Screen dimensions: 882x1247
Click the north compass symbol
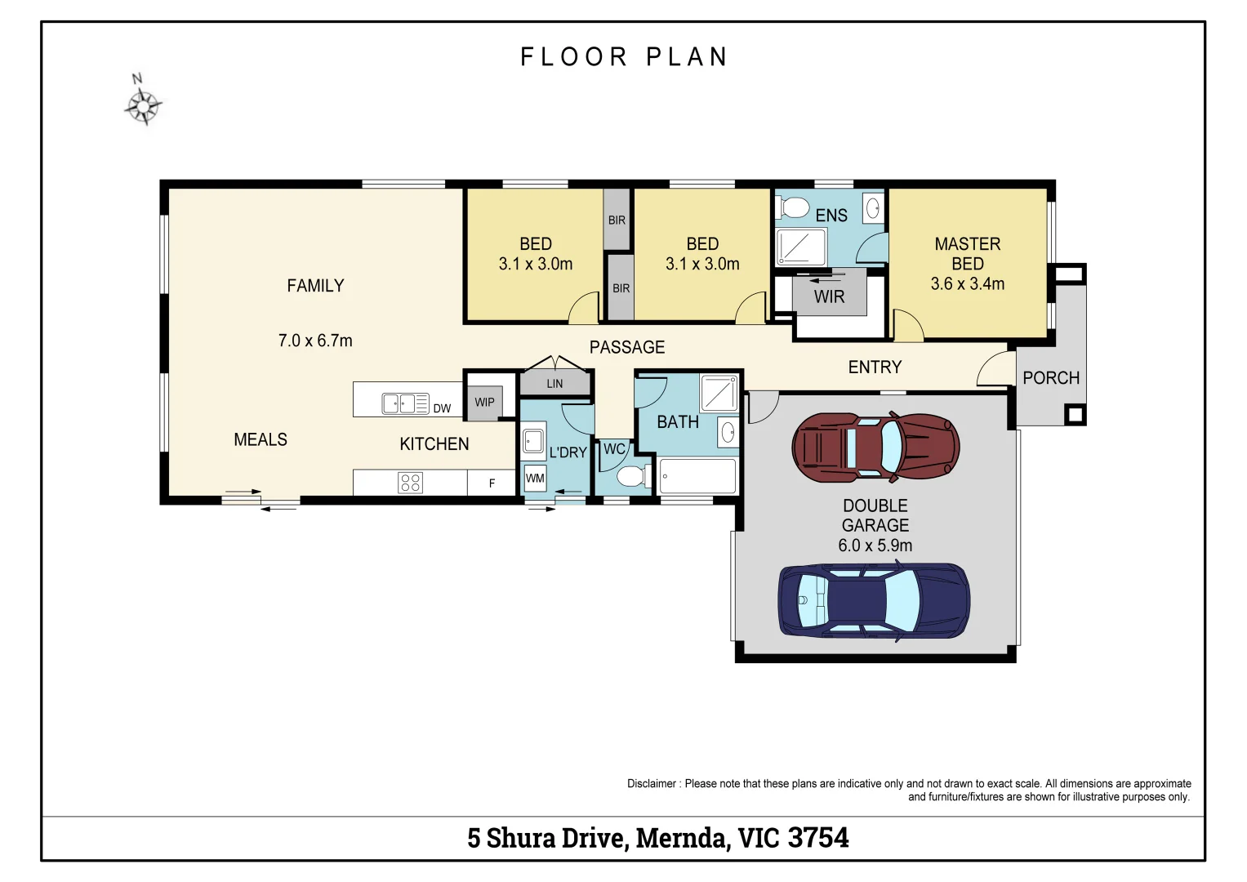coord(143,104)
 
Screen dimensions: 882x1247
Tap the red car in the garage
coord(875,447)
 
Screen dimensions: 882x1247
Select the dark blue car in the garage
coord(874,600)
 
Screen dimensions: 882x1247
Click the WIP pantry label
coord(484,402)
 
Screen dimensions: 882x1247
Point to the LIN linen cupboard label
coord(554,383)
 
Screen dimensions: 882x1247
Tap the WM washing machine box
coord(534,479)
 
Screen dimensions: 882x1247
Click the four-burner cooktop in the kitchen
coord(410,483)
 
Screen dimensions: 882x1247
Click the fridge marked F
coord(492,483)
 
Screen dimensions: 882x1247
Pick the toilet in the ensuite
coord(793,207)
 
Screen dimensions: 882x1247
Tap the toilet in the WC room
coord(632,476)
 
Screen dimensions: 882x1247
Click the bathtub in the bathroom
coord(697,476)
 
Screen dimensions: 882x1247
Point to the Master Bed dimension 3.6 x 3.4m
coord(967,284)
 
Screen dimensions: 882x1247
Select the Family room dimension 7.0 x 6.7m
coord(315,341)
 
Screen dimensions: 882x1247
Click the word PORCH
coord(1051,378)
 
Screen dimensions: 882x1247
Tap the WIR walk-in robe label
coord(829,297)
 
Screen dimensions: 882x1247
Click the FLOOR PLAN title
coord(624,57)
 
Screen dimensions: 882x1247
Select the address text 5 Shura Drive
coord(546,838)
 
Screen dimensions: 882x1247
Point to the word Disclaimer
coord(651,784)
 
